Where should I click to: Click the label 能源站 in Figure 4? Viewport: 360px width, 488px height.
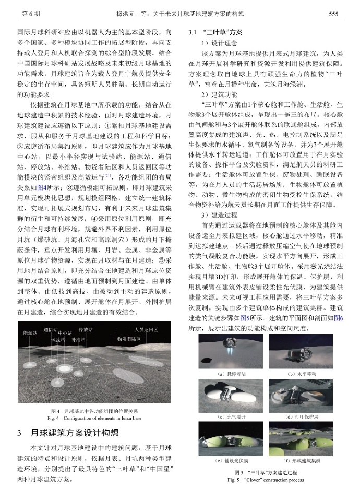click(x=29, y=332)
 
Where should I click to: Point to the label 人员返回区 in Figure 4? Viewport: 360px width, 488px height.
click(x=146, y=330)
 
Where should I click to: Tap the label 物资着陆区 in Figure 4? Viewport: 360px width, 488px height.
click(x=129, y=339)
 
